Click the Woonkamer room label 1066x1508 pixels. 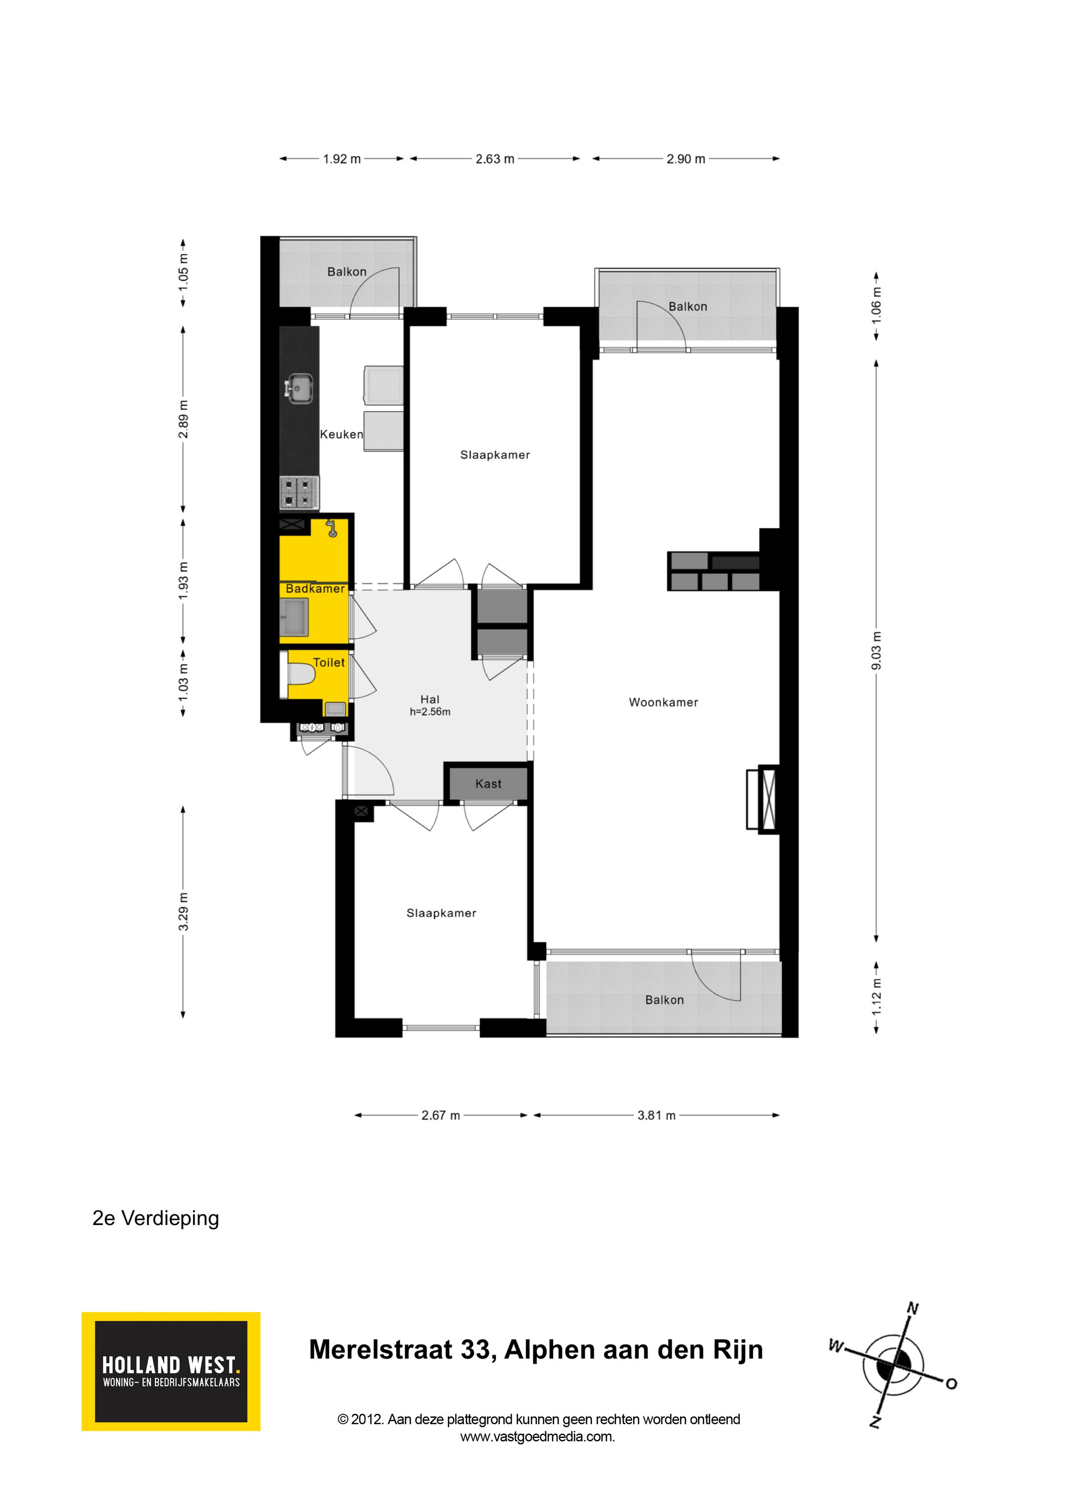[663, 702]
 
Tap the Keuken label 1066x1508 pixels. [341, 434]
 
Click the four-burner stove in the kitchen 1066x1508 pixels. [299, 493]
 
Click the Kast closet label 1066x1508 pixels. [488, 783]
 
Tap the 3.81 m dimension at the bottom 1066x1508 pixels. [656, 1115]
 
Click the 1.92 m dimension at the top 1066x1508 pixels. [342, 159]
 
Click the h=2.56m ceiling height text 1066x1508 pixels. [430, 712]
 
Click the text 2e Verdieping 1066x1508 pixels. [155, 1218]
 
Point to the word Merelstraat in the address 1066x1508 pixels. [381, 1350]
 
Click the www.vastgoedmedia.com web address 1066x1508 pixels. [537, 1436]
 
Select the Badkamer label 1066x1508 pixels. [314, 588]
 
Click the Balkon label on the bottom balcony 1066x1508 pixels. [664, 1000]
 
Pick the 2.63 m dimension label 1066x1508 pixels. [495, 159]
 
